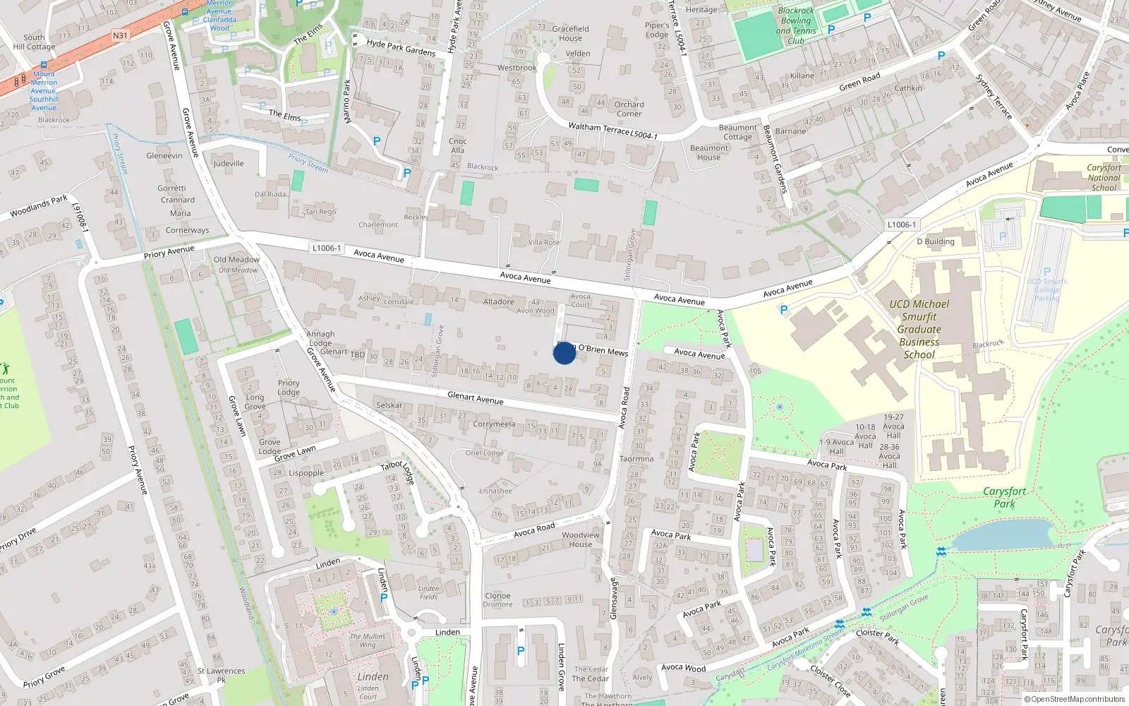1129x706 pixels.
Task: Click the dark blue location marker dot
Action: click(564, 353)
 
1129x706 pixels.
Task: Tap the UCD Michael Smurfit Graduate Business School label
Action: click(919, 329)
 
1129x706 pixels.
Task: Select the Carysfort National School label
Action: click(1104, 178)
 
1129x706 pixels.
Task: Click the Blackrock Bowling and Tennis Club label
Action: click(796, 26)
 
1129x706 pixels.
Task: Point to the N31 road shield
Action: click(120, 35)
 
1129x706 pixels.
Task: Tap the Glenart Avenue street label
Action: click(476, 398)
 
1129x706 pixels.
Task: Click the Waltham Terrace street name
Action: click(599, 129)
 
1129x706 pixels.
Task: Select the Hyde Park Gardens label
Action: click(401, 48)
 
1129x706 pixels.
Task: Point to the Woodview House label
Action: click(581, 539)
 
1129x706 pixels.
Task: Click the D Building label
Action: click(936, 241)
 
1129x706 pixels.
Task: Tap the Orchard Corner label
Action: click(629, 109)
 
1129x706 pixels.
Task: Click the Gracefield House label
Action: click(570, 33)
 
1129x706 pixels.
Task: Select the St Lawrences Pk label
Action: click(221, 675)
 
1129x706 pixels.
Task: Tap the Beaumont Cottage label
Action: click(737, 132)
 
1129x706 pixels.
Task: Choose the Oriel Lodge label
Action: click(484, 453)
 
